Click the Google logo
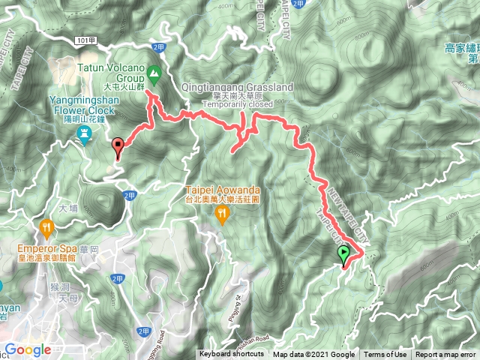click(x=27, y=349)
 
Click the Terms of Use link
click(x=385, y=355)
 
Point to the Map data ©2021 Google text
click(x=313, y=355)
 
